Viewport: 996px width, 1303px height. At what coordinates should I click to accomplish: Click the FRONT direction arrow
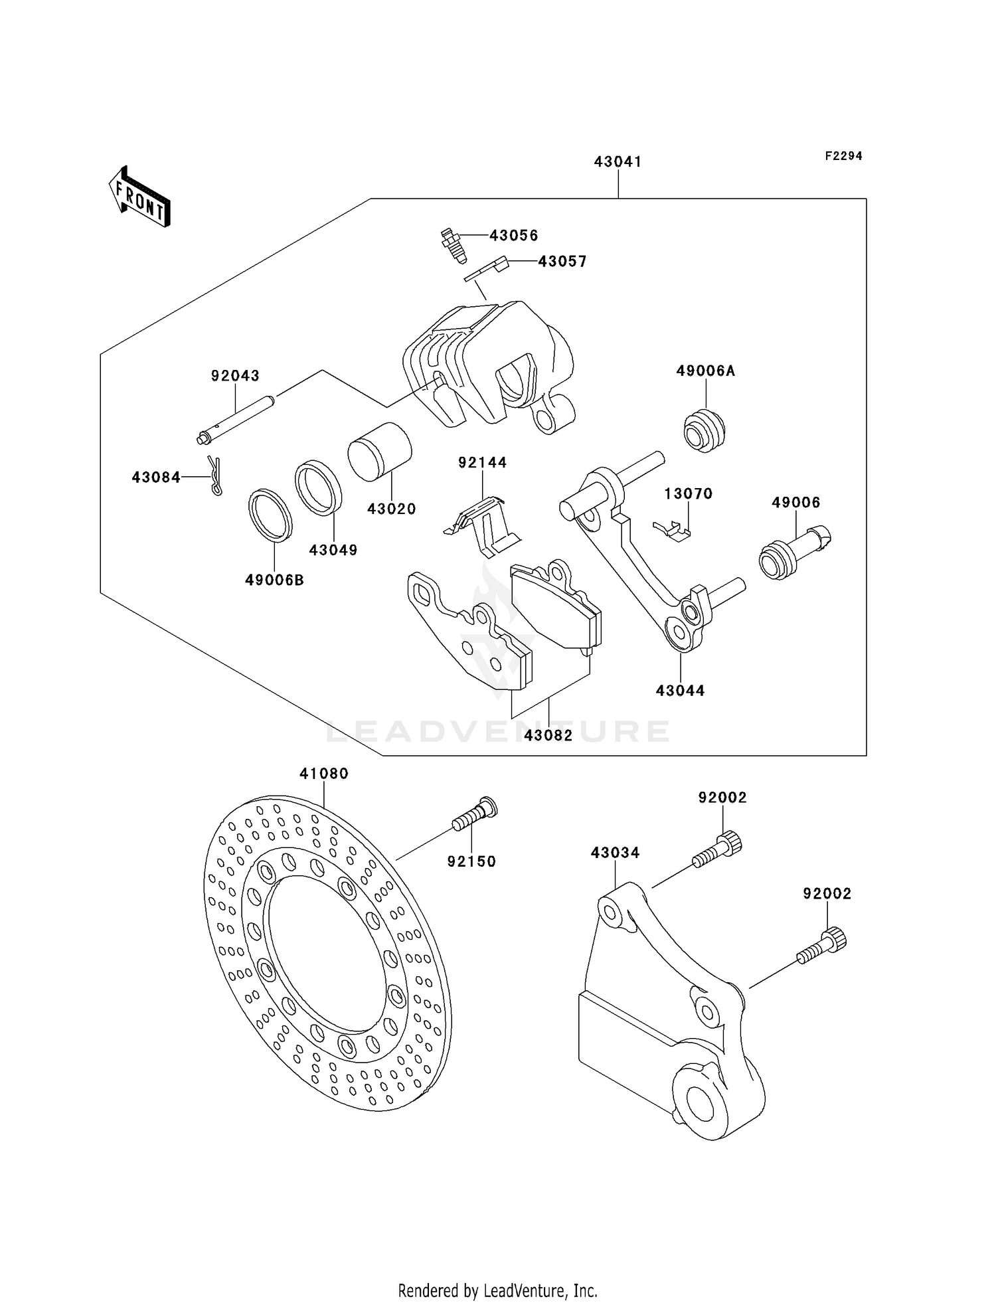click(x=139, y=197)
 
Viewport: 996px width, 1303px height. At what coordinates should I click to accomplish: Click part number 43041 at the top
click(x=618, y=161)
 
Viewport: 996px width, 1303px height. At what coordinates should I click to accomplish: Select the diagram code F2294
click(x=843, y=156)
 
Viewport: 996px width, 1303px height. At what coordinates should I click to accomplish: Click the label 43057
click(x=562, y=262)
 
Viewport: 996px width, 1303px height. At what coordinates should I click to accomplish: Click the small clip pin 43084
click(x=214, y=475)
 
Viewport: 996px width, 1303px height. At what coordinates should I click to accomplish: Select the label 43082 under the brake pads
click(x=548, y=736)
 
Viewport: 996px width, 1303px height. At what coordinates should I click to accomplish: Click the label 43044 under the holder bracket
click(x=680, y=691)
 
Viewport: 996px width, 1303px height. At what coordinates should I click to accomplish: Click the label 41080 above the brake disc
click(x=324, y=774)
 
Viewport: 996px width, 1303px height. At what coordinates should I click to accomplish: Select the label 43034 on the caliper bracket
click(x=615, y=853)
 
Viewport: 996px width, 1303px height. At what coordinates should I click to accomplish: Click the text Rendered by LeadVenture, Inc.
click(x=497, y=1291)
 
